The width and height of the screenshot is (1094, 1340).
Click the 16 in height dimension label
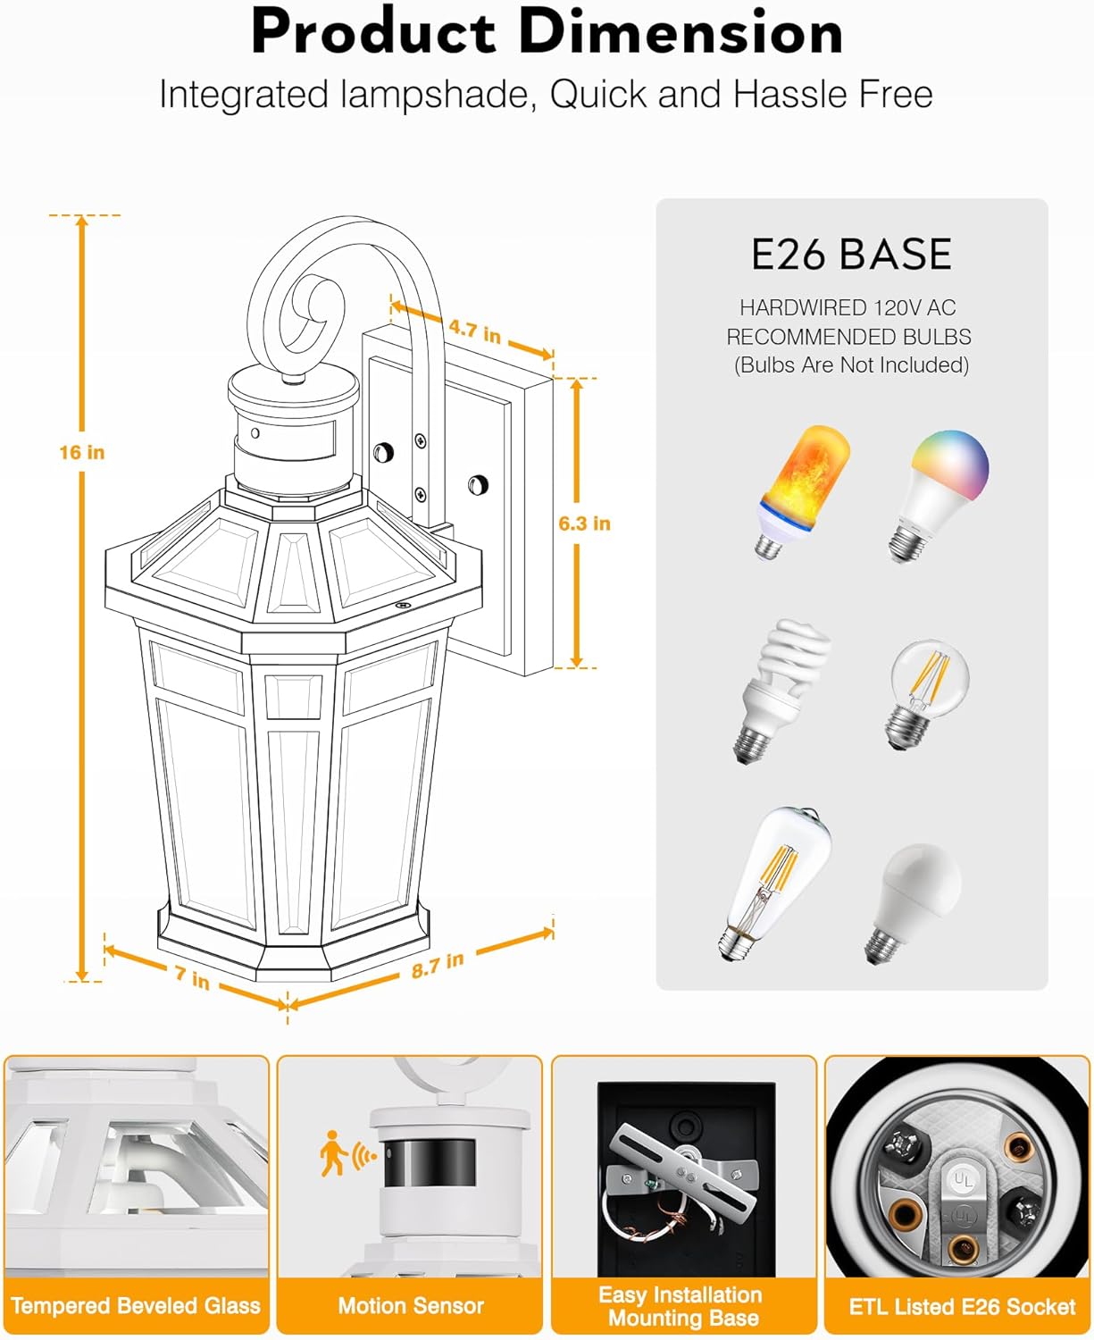82,452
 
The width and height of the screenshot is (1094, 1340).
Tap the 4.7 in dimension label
474,331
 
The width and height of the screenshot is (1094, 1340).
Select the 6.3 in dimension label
584,523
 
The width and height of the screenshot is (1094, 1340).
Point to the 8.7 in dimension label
438,965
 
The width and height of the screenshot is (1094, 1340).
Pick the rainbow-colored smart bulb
938,497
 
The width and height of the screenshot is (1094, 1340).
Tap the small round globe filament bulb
928,694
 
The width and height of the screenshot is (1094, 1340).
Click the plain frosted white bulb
914,903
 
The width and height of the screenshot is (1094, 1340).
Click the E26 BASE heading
851,254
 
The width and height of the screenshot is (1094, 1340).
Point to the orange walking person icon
333,1152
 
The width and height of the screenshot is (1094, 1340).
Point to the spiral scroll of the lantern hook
312,312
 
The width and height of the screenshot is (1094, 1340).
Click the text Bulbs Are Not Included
851,365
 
